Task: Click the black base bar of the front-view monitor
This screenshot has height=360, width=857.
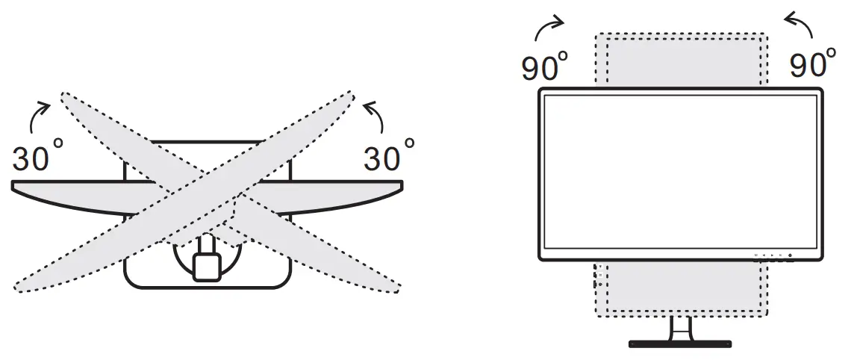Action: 679,344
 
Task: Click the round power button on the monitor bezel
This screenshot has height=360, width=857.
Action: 790,255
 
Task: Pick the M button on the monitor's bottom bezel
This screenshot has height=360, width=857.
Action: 755,255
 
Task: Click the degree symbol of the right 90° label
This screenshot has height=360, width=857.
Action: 831,55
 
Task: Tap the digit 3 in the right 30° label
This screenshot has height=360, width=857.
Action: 373,159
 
